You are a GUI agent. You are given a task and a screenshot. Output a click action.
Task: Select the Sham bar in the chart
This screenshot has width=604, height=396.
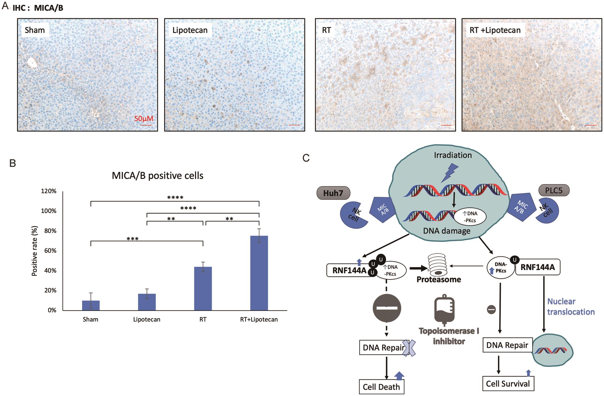[x=91, y=305]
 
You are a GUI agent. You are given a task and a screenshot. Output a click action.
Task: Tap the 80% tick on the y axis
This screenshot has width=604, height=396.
[x=50, y=231]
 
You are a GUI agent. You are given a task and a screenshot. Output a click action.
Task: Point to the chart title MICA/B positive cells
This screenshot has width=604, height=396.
[x=157, y=176]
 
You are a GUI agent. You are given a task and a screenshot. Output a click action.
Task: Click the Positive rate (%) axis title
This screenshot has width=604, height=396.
[x=35, y=251]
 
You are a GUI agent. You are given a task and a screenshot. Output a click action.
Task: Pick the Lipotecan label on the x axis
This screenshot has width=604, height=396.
[x=147, y=320]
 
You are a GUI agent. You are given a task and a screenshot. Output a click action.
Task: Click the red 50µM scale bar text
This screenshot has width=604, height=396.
[x=144, y=119]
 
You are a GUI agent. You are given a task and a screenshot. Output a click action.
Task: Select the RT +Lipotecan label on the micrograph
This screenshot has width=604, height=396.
[x=495, y=30]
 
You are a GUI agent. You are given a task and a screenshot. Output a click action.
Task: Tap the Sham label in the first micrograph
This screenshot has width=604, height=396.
[x=35, y=30]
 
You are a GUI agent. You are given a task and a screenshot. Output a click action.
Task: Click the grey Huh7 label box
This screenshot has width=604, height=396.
[x=333, y=193]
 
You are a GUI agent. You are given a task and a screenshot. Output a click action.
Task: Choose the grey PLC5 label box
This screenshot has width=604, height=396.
[x=554, y=190]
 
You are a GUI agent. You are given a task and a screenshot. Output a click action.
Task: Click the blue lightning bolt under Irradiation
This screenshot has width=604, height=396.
[x=449, y=172]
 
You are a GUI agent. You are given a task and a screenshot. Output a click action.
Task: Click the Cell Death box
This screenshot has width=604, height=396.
[x=381, y=387]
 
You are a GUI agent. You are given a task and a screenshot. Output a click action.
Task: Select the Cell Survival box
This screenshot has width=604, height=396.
[x=508, y=384]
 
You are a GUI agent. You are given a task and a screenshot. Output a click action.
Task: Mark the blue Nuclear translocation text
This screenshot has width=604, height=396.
[x=571, y=306]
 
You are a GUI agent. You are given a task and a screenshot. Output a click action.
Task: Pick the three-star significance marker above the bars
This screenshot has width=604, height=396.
[x=132, y=239]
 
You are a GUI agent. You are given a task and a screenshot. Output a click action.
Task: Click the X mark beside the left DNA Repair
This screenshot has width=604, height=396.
[x=409, y=348]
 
